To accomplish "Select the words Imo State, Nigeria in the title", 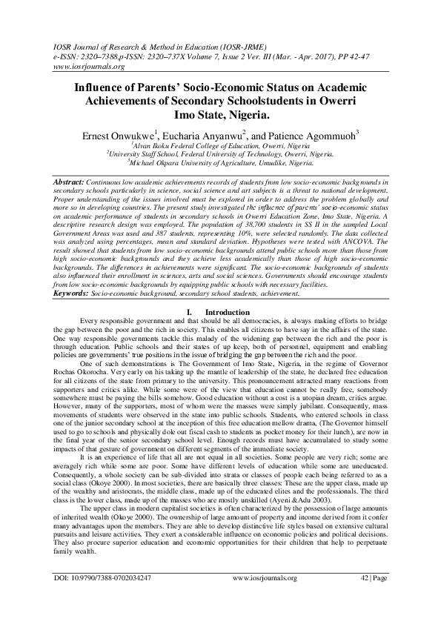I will pos(221,116).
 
